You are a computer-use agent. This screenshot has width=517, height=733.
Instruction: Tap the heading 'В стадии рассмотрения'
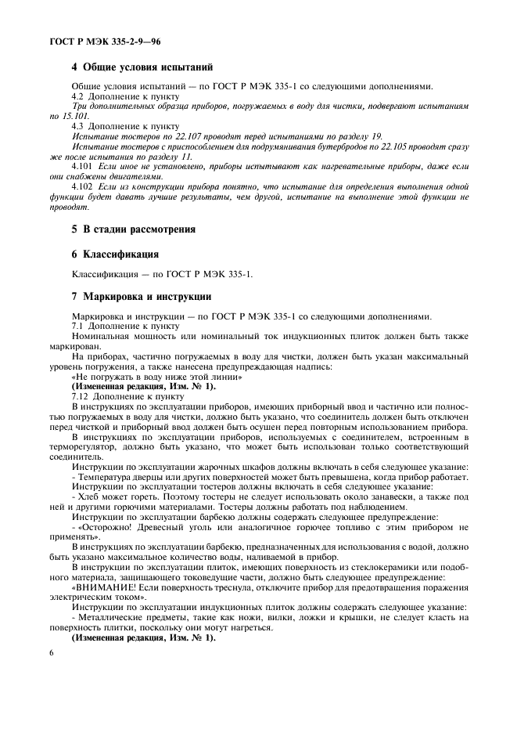click(x=138, y=229)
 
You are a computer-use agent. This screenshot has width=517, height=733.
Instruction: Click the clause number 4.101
click(x=83, y=166)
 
